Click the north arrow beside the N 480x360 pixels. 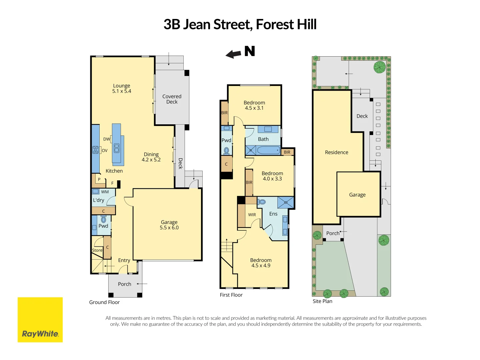point(233,54)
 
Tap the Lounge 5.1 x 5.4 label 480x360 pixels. point(122,88)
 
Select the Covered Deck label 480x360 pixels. point(172,99)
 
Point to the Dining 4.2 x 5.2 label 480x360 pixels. point(151,157)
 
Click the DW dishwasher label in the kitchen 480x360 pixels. point(107,139)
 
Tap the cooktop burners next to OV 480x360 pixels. point(96,150)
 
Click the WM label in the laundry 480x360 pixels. point(105,192)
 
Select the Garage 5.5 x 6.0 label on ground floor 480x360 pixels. point(169,225)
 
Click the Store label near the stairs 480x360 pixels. point(97,250)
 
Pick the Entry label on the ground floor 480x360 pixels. point(124,260)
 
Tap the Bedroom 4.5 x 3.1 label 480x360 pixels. point(254,105)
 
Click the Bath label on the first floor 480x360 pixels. point(263,139)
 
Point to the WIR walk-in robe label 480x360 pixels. point(252,215)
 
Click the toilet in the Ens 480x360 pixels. point(262,202)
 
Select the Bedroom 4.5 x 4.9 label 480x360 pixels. point(261,263)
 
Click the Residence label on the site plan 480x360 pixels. point(337,152)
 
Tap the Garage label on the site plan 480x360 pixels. point(357,195)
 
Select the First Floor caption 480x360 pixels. point(231,295)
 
